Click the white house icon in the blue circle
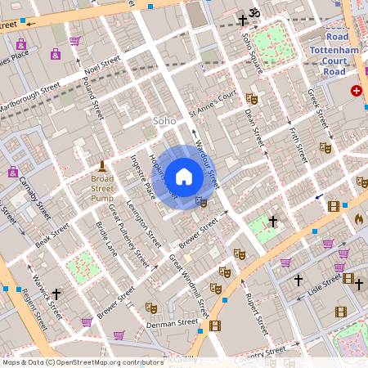click(x=184, y=177)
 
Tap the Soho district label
click(x=165, y=121)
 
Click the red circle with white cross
click(x=356, y=91)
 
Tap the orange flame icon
click(x=358, y=219)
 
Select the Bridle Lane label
click(x=106, y=236)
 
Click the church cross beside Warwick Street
click(x=56, y=293)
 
